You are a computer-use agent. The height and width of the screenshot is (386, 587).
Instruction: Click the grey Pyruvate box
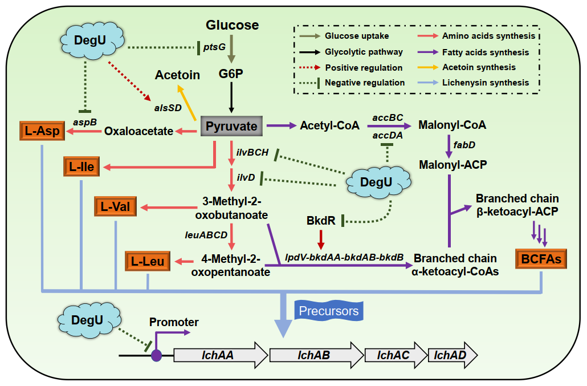(x=232, y=126)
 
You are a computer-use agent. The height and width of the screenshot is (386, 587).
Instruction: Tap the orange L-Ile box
(x=82, y=167)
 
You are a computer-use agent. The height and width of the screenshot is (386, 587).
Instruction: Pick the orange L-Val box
(x=116, y=206)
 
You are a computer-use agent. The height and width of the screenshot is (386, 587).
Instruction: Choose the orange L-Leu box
(x=148, y=261)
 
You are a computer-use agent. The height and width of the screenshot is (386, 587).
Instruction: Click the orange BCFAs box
(x=540, y=259)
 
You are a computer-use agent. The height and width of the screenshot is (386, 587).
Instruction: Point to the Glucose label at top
(x=232, y=25)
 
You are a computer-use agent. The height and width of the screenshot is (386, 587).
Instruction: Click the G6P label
(x=231, y=74)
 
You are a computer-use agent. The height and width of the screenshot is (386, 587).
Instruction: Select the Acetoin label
(x=177, y=75)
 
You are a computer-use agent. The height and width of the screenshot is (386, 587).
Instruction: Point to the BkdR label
(x=320, y=220)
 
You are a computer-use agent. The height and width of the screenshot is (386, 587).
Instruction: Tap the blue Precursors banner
(x=329, y=311)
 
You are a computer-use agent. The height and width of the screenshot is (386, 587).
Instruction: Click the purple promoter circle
(x=156, y=356)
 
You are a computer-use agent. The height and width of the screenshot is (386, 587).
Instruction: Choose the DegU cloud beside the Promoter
(x=88, y=320)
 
